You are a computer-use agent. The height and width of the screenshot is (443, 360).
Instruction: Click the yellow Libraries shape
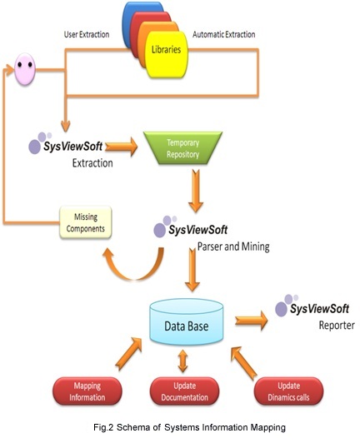167,54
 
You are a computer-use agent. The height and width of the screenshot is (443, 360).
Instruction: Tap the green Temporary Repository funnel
182,148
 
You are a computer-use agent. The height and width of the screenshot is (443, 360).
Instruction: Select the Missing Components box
86,222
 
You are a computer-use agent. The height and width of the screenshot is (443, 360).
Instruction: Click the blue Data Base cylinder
187,322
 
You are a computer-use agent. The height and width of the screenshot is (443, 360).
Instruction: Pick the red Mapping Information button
87,391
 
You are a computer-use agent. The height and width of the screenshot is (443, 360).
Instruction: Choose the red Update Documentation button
184,391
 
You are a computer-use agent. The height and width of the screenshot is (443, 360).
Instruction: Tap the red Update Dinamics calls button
288,391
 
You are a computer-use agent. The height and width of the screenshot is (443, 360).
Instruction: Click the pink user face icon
25,69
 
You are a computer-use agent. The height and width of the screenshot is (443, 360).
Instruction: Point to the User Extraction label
87,34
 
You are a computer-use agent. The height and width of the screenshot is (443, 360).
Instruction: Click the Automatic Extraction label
223,34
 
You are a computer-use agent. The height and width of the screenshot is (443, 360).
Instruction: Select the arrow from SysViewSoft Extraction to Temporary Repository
121,147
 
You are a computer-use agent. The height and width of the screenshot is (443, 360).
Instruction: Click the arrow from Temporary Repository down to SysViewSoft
196,191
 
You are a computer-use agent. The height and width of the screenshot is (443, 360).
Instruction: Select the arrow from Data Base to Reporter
252,321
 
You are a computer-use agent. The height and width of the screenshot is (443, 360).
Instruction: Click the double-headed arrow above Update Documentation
183,361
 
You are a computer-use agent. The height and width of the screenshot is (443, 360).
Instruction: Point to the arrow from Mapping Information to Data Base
129,353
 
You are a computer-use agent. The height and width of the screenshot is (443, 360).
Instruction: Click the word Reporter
337,326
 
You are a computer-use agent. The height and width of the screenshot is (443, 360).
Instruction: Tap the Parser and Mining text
233,246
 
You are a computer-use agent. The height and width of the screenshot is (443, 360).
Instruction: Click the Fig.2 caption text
189,427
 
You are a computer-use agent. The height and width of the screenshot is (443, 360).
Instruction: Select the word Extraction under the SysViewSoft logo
92,163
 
